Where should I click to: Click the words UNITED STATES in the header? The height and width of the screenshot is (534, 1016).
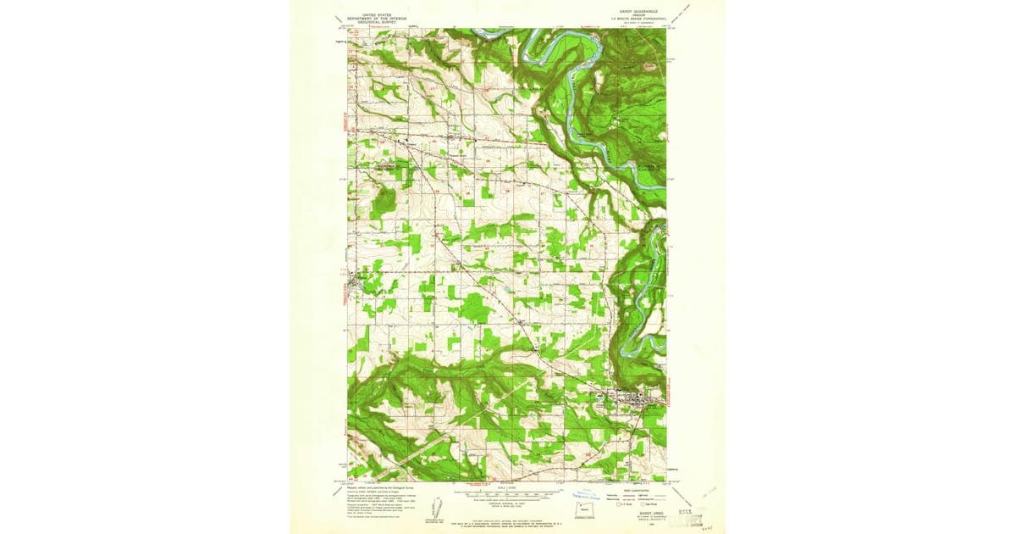point(377,14)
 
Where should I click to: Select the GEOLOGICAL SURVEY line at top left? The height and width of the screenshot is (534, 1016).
point(377,24)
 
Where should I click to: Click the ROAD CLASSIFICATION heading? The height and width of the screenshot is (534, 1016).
point(638,490)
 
